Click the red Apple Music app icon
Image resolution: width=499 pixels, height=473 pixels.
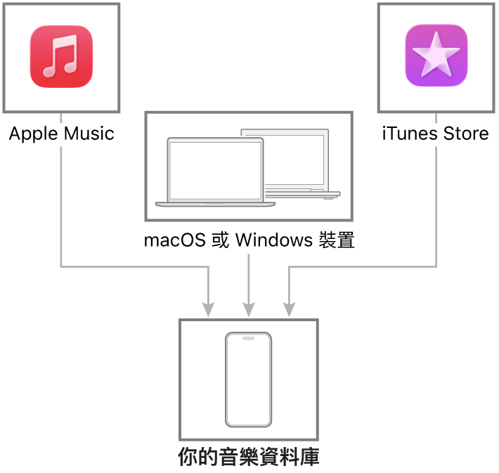point(61,57)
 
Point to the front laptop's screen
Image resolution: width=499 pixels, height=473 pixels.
point(215,170)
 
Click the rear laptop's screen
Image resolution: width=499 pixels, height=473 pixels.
point(295,159)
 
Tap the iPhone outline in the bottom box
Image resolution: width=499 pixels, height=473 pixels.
point(248,380)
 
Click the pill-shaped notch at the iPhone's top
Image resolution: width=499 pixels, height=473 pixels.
point(248,338)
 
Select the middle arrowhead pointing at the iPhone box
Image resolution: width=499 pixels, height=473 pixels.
point(249,309)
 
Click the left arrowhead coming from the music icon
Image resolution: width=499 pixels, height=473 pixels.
point(208,309)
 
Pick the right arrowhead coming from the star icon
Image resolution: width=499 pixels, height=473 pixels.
point(289,309)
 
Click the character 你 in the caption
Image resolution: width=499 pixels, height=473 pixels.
point(188,458)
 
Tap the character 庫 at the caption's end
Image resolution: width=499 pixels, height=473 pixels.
point(310,458)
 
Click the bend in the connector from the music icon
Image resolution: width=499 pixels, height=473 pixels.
point(61,266)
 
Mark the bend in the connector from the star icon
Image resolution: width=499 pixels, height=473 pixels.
point(436,266)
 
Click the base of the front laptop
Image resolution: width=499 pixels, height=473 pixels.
point(215,205)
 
